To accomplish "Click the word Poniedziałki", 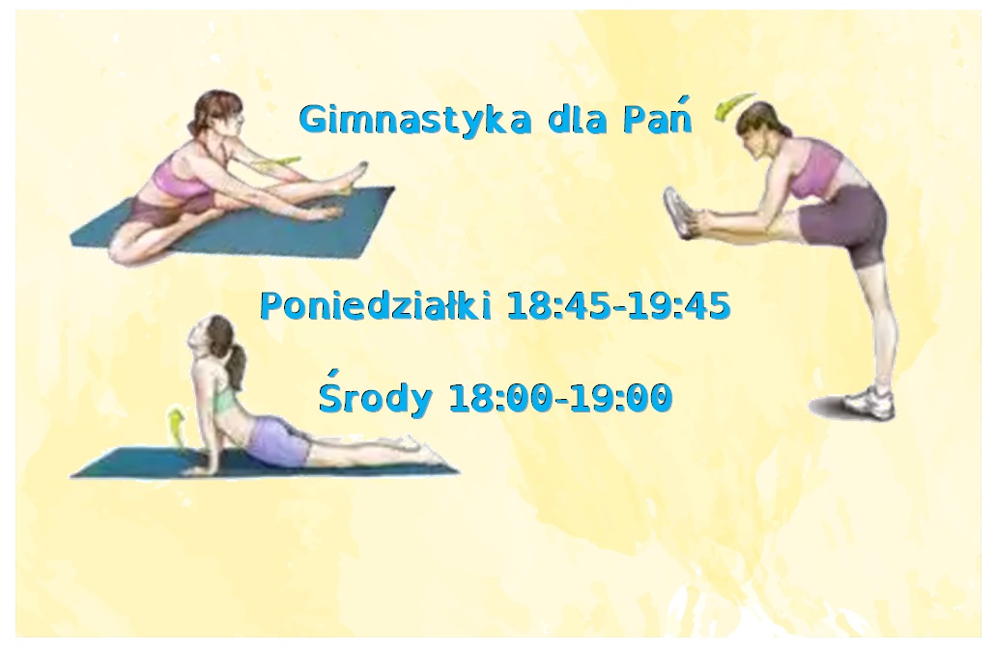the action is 376,305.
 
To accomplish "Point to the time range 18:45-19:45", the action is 618,306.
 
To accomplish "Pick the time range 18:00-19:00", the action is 560,398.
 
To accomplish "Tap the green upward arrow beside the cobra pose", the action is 177,425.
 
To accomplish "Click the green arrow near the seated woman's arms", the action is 278,162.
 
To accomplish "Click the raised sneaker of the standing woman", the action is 679,212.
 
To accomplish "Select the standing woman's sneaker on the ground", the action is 868,402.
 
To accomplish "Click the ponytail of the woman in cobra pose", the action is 235,365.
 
